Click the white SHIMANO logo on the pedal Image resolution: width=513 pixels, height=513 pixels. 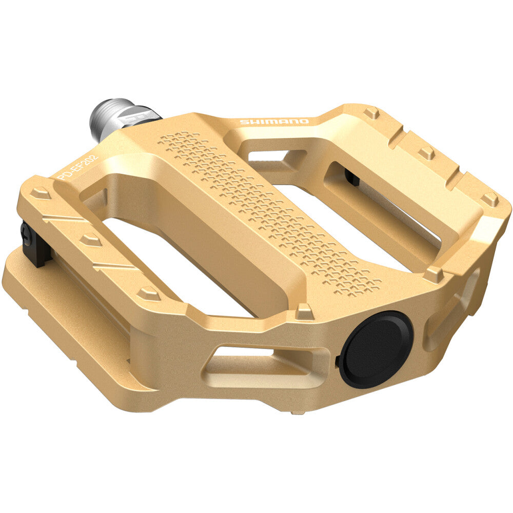click(x=274, y=122)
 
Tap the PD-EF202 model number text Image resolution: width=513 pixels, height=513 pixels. click(x=77, y=167)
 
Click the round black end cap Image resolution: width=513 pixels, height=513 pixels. click(x=376, y=349)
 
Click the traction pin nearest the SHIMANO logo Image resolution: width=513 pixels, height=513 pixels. click(x=371, y=112)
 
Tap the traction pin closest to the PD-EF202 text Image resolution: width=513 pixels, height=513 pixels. click(x=40, y=192)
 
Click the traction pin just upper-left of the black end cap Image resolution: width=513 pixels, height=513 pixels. click(x=305, y=311)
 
